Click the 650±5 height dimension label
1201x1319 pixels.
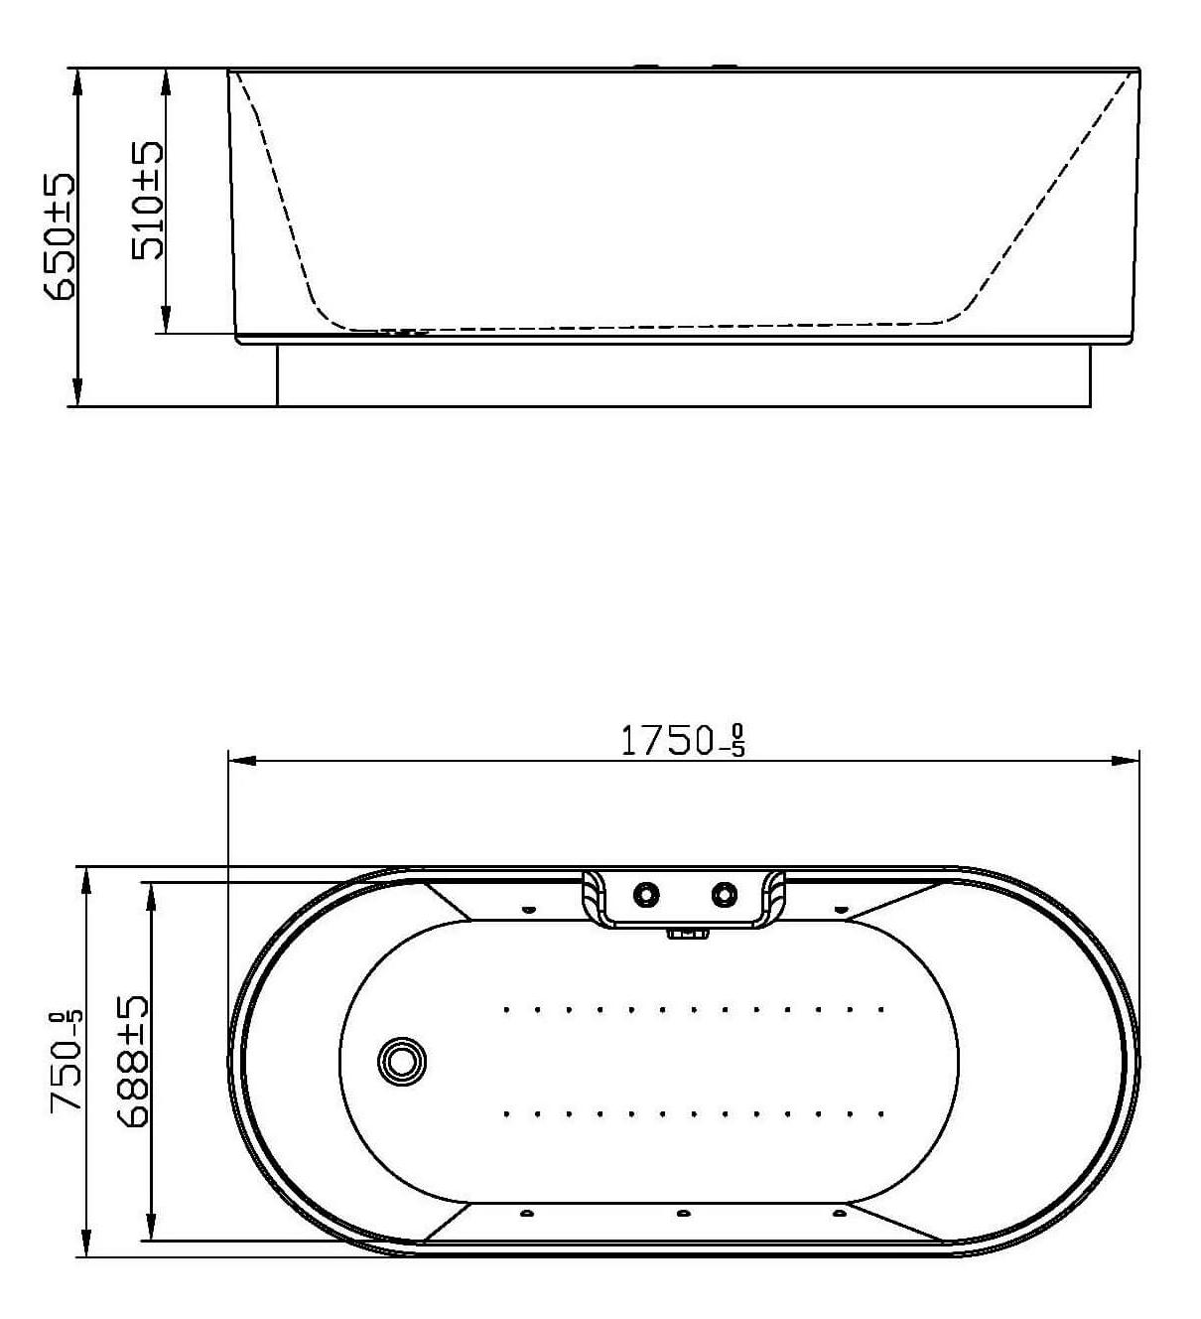tap(60, 237)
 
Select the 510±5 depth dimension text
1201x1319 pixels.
tap(147, 201)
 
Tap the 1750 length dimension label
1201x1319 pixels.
tap(682, 741)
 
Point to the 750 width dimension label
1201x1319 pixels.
tap(67, 1063)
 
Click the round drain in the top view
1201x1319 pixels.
tap(402, 1061)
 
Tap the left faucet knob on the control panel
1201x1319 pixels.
tap(646, 894)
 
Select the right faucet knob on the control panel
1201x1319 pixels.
tap(725, 894)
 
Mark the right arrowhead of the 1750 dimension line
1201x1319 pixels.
tap(1126, 761)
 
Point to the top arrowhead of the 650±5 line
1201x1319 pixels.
tap(77, 82)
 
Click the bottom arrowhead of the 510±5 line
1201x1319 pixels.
tap(166, 320)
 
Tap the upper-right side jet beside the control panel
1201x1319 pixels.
tap(840, 910)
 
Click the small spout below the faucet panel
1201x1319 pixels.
tap(687, 934)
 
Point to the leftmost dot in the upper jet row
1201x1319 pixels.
tap(506, 1009)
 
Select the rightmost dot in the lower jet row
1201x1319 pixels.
tap(880, 1114)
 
